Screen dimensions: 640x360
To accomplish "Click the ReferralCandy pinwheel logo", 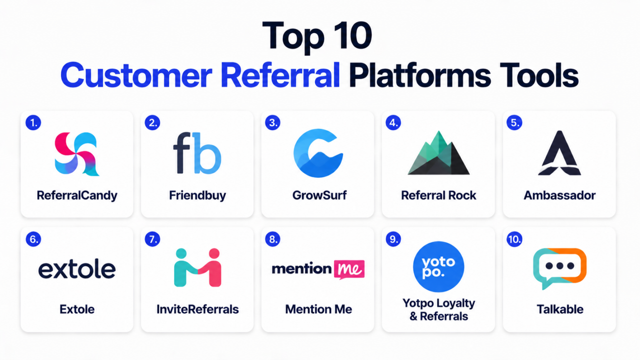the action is pyautogui.click(x=77, y=154).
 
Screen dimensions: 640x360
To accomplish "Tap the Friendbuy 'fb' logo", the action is pyautogui.click(x=197, y=153).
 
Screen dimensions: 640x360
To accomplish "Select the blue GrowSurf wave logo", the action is pyautogui.click(x=318, y=153).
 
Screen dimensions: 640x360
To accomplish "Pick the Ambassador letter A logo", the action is pyautogui.click(x=560, y=153).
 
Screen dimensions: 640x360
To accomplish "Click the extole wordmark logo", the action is pyautogui.click(x=77, y=269).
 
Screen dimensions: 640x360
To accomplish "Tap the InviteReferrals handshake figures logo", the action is pyautogui.click(x=197, y=267).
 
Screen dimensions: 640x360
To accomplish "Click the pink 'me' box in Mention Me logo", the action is pyautogui.click(x=349, y=269).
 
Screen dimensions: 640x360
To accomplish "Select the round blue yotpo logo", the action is pyautogui.click(x=439, y=267).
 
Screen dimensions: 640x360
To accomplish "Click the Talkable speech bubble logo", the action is pyautogui.click(x=560, y=267).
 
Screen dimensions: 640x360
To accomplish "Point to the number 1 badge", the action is pyautogui.click(x=33, y=123).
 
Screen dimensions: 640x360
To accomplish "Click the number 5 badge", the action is pyautogui.click(x=514, y=123).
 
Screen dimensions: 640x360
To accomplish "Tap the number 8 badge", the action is pyautogui.click(x=273, y=239).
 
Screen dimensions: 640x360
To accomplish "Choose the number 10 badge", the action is pyautogui.click(x=514, y=239).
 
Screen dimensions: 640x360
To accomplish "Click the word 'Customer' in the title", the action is pyautogui.click(x=136, y=75).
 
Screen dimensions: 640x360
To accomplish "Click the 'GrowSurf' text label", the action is pyautogui.click(x=320, y=195).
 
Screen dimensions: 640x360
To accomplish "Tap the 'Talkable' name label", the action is pyautogui.click(x=560, y=309).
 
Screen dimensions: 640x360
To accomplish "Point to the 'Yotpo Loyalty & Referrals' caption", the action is pyautogui.click(x=439, y=310).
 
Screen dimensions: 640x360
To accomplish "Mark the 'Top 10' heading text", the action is pyautogui.click(x=317, y=36).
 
